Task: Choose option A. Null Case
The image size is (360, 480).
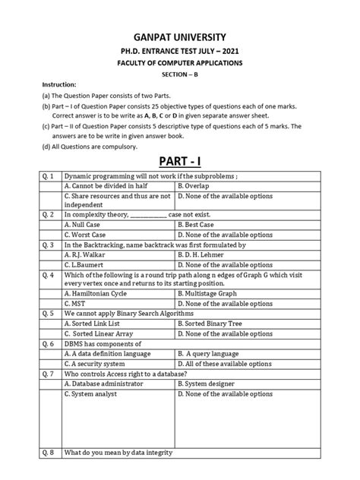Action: pos(86,225)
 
